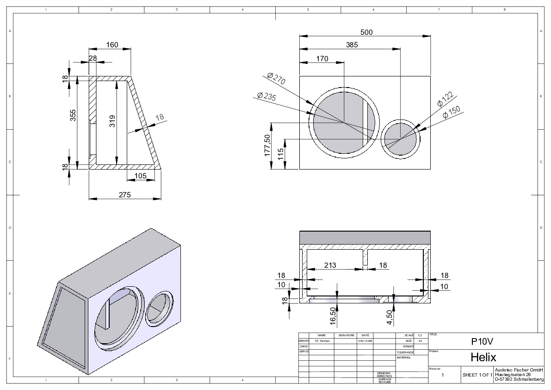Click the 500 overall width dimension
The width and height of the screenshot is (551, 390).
click(x=366, y=32)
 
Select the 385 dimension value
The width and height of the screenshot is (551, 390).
click(x=351, y=45)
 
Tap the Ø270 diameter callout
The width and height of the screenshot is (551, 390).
click(x=276, y=79)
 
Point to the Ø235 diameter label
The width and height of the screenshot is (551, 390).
click(x=266, y=96)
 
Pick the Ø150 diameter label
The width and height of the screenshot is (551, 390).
click(x=451, y=112)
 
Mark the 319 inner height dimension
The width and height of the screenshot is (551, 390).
click(x=112, y=121)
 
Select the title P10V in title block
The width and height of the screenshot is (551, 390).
click(x=483, y=341)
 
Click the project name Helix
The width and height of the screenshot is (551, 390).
click(x=483, y=357)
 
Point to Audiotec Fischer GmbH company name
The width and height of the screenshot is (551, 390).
click(x=519, y=370)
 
